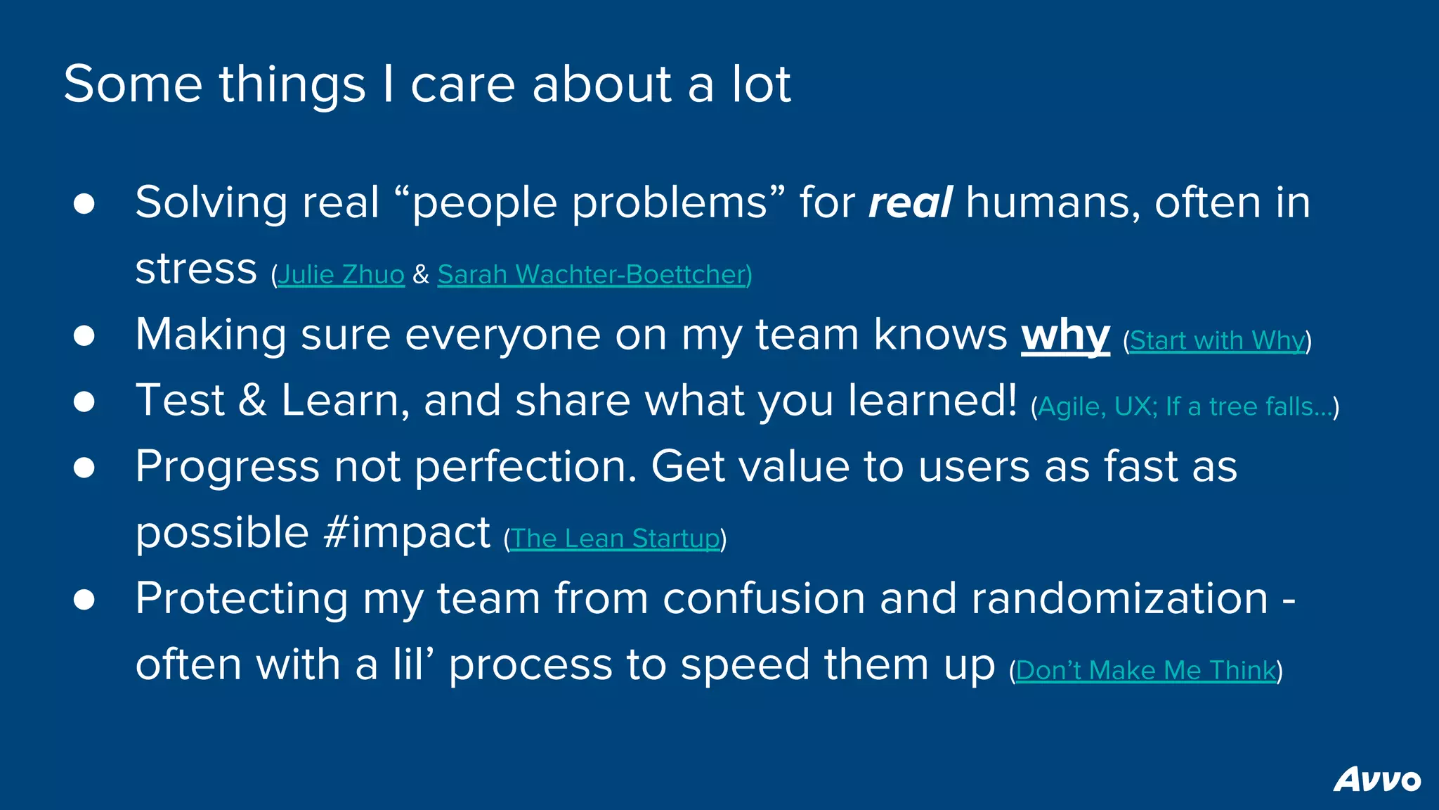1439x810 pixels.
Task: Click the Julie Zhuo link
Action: coord(341,274)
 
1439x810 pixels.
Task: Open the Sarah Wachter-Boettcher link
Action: coord(594,274)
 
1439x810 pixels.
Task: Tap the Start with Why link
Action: coord(1217,340)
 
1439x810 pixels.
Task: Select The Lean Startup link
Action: coord(615,539)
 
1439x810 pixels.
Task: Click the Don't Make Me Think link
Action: coord(1145,670)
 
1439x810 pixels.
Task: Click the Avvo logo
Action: coord(1376,779)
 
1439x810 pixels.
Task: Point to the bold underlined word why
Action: coord(1065,335)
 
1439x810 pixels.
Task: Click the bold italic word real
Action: coord(910,202)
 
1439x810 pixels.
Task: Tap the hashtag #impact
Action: coord(407,532)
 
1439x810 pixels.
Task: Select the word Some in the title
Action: coord(133,84)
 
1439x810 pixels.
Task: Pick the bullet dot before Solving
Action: coord(84,204)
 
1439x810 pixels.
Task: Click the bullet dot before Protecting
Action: coord(84,600)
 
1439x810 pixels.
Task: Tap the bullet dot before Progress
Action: coord(84,468)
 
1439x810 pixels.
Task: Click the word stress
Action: coord(196,269)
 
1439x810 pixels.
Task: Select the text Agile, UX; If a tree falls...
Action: coord(1185,406)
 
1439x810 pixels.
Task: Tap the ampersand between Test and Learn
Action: coord(253,401)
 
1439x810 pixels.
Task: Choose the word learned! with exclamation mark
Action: coord(932,401)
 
